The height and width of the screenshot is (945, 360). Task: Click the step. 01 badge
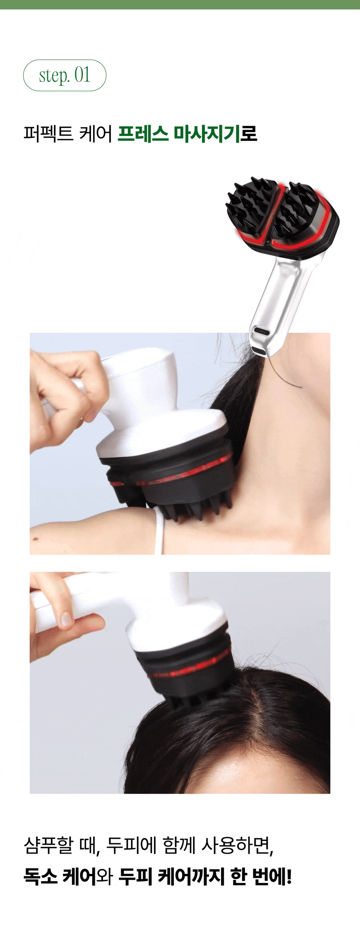[x=65, y=75]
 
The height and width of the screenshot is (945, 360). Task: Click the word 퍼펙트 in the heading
[x=48, y=134]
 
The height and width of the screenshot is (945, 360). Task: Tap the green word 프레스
[x=143, y=134]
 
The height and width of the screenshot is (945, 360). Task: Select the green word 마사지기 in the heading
[x=207, y=134]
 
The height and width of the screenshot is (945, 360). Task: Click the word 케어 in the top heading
[x=95, y=134]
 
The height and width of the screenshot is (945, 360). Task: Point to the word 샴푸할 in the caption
[x=48, y=845]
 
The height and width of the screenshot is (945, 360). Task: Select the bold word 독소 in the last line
[x=40, y=877]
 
